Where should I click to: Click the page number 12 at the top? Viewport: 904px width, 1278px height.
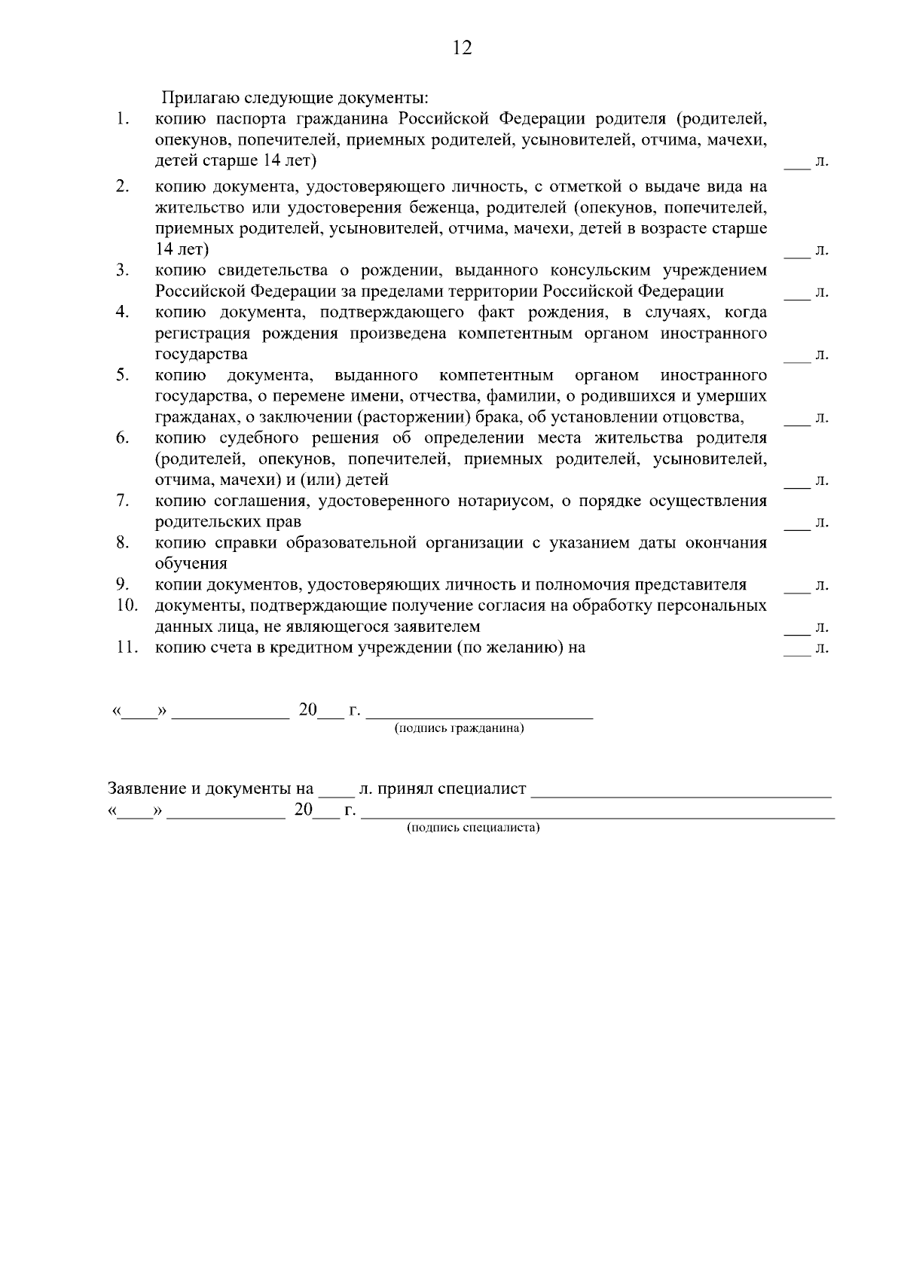(x=462, y=48)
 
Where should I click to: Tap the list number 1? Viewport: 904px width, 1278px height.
(x=122, y=119)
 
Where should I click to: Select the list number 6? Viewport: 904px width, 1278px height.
(x=122, y=438)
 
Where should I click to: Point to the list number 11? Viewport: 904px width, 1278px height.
(x=126, y=647)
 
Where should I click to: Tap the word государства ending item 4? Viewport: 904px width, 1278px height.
(x=201, y=354)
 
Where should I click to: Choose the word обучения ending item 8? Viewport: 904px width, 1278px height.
(x=191, y=563)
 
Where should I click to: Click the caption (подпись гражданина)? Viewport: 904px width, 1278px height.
(x=460, y=729)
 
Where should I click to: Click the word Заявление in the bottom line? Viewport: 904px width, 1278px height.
(x=145, y=789)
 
